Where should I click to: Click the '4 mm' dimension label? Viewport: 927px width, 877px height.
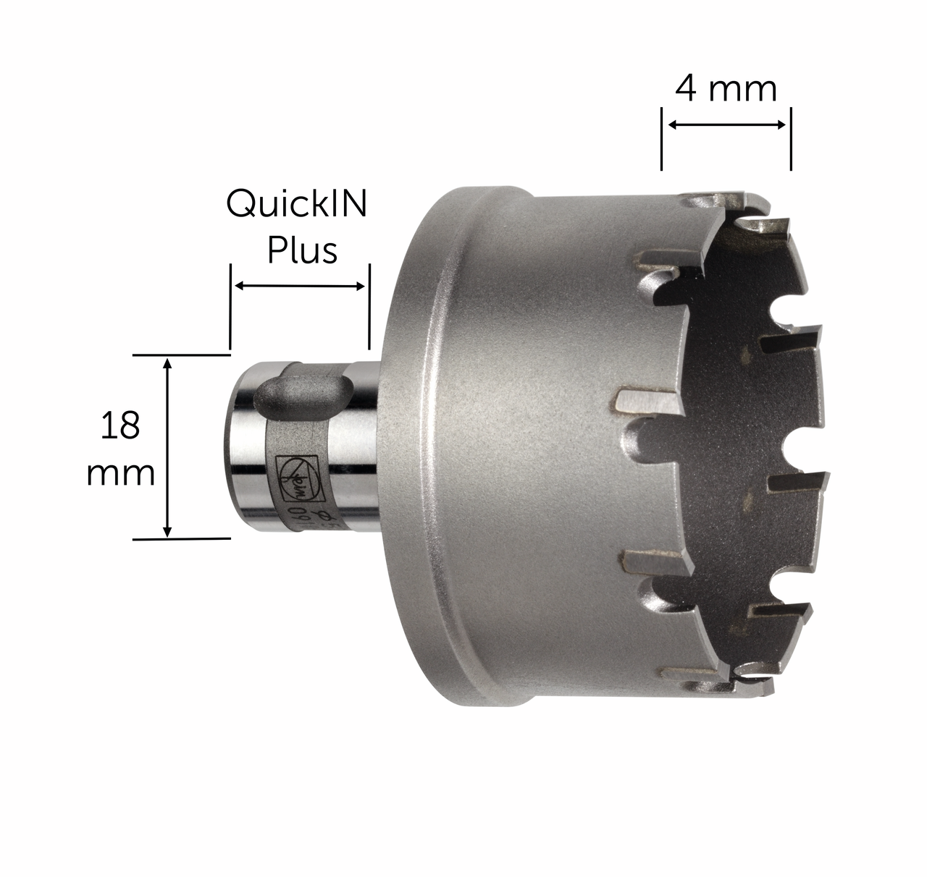point(726,89)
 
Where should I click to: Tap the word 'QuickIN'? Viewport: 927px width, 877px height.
point(297,205)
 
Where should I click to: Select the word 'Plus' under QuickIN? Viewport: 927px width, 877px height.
point(302,251)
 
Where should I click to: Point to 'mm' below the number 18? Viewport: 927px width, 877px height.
point(120,474)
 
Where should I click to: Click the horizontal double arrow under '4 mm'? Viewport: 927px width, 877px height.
point(726,125)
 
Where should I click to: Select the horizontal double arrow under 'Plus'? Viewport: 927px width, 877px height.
point(301,287)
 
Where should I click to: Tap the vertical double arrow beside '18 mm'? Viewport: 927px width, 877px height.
point(168,447)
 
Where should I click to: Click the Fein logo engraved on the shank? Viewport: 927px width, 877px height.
point(295,478)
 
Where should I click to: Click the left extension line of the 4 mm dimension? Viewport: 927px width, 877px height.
point(661,139)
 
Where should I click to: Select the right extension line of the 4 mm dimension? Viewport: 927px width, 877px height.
point(791,139)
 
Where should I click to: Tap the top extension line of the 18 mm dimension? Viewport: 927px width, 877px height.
point(181,355)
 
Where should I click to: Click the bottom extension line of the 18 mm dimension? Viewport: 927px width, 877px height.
point(181,538)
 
